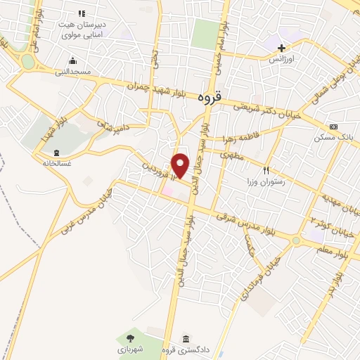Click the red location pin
coord(181,165)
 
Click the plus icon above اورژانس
coord(281,48)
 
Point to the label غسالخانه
coord(56,162)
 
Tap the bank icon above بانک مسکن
coord(333,126)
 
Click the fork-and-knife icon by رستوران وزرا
coord(266,170)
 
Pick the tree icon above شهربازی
coord(129,338)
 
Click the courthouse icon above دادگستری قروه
coord(186,338)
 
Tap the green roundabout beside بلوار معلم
coord(296,240)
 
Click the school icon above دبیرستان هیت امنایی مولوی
coord(82,13)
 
